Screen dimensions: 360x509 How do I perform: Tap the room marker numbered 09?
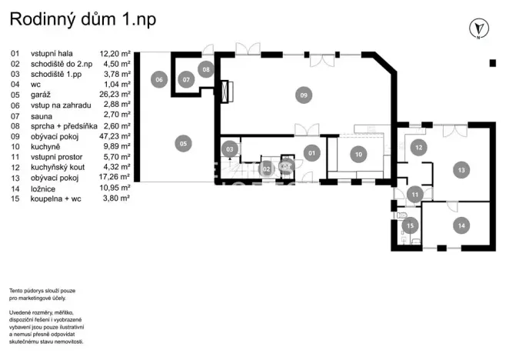click(x=304, y=95)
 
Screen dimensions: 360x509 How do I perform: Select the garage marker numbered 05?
click(x=182, y=142)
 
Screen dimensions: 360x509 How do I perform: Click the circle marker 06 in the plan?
click(x=159, y=78)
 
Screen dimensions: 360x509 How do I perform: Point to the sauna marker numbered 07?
click(x=187, y=78)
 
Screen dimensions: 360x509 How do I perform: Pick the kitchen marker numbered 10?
click(x=358, y=154)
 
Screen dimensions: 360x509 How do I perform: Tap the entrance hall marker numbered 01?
click(x=312, y=153)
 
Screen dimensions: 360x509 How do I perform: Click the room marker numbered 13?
click(x=461, y=169)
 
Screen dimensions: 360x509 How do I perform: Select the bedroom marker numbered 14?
click(x=460, y=225)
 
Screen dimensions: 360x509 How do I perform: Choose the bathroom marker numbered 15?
click(x=411, y=225)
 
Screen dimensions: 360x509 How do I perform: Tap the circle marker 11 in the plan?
click(x=414, y=195)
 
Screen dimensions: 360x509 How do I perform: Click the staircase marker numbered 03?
click(x=230, y=148)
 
